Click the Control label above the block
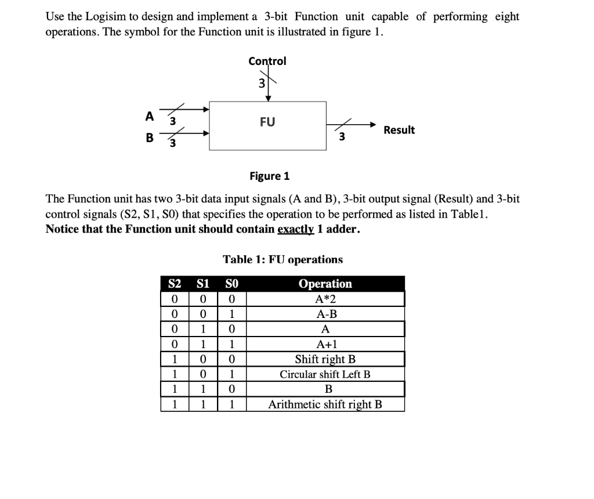tap(267, 61)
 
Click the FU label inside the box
tap(267, 122)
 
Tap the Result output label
tap(399, 130)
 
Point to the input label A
tap(150, 116)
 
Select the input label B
tap(150, 138)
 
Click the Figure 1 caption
tap(269, 175)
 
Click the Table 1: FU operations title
tap(283, 259)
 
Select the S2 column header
tap(175, 284)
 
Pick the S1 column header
tap(203, 284)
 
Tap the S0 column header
tap(231, 284)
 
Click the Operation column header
tap(325, 284)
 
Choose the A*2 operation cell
tap(325, 299)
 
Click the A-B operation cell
tap(325, 314)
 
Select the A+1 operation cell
tap(325, 344)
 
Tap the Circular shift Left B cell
tap(325, 374)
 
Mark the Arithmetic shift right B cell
tap(325, 404)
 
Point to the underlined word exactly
tap(296, 229)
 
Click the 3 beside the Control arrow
tap(261, 84)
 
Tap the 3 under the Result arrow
tap(342, 137)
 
